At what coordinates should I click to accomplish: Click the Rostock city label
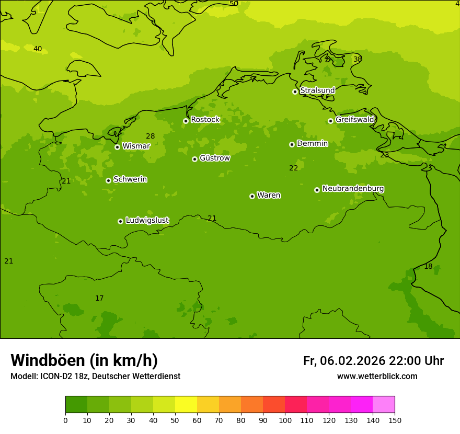pos(205,120)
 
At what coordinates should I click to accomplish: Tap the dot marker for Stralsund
pos(295,92)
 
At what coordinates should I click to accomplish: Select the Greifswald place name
pos(354,120)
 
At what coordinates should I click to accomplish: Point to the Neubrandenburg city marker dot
pos(317,190)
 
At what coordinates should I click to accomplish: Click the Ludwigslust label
pos(147,221)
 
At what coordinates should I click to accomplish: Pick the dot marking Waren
pos(252,196)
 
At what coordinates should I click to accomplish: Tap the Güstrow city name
pos(214,158)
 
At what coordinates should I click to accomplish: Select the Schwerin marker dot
pos(108,180)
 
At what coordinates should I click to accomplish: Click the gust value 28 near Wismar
pos(150,136)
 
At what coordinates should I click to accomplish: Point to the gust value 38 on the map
pos(358,59)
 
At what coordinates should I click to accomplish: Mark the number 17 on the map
pos(99,299)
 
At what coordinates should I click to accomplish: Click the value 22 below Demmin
pos(294,168)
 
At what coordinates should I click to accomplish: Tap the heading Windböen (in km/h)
pos(84,360)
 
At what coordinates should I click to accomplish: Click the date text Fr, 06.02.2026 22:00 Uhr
pos(373,361)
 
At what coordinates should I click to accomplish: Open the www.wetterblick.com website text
pos(377,376)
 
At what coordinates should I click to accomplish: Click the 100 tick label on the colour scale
pos(285,420)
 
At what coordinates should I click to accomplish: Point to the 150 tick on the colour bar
pos(395,420)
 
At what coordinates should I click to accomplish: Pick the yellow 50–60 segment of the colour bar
pos(186,405)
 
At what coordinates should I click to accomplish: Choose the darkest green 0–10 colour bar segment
pos(76,405)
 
